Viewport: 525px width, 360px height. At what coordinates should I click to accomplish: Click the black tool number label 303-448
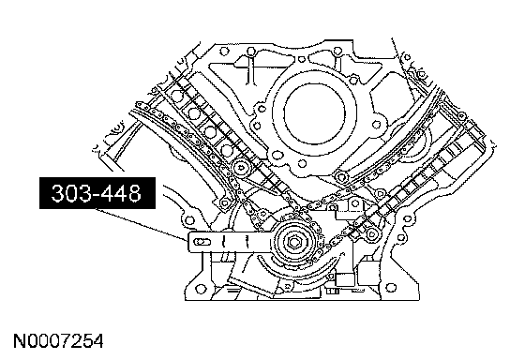tap(97, 193)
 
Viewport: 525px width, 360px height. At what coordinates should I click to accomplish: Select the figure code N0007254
tap(58, 341)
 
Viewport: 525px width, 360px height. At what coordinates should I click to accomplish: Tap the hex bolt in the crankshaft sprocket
tap(294, 243)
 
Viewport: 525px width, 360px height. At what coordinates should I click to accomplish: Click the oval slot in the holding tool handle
tap(202, 242)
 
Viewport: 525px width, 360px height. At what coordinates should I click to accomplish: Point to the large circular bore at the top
tap(314, 115)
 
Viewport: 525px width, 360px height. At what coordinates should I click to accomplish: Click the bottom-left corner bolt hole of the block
tap(201, 289)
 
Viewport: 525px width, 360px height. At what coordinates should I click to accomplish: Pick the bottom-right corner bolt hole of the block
tap(390, 287)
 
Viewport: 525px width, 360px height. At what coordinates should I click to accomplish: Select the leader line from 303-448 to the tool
tap(142, 224)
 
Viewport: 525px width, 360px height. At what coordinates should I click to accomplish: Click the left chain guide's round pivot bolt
tap(240, 167)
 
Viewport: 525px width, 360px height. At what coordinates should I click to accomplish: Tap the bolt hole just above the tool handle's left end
tap(189, 220)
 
